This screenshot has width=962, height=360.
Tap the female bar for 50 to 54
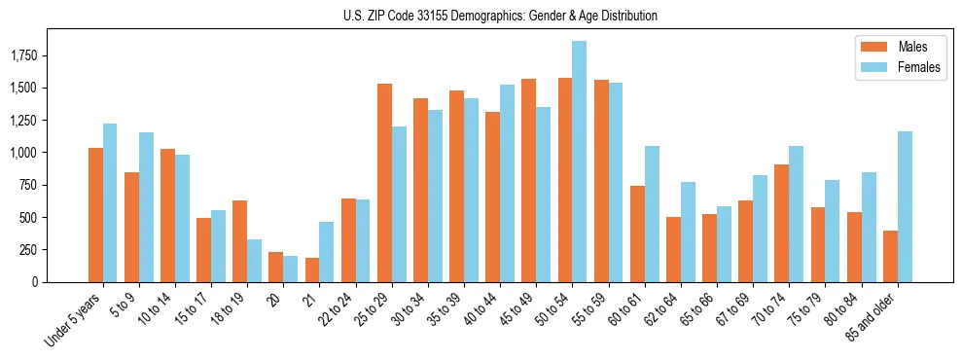[579, 162]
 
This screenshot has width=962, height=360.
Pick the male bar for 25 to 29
[384, 183]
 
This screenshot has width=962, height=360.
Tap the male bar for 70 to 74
[782, 223]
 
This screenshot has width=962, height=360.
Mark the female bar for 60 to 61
[652, 214]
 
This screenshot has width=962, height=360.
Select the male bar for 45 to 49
[529, 180]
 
